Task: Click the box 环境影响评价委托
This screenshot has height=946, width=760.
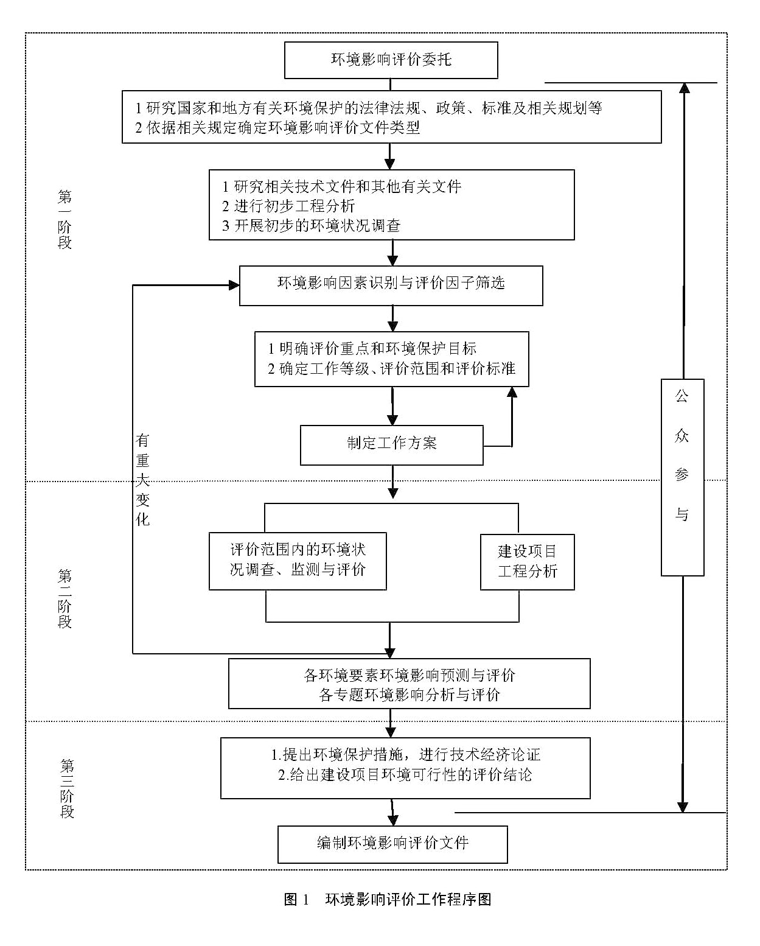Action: pyautogui.click(x=391, y=60)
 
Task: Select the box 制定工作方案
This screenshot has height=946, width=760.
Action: pyautogui.click(x=392, y=445)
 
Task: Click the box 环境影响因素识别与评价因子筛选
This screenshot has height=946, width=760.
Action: pyautogui.click(x=391, y=286)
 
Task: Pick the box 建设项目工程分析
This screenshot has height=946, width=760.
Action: pyautogui.click(x=527, y=562)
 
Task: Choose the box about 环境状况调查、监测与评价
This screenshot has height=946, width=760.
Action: pyautogui.click(x=298, y=561)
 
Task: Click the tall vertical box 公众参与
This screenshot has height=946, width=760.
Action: pyautogui.click(x=683, y=477)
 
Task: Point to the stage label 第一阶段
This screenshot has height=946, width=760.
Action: pyautogui.click(x=64, y=219)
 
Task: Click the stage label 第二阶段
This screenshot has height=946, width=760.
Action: pyautogui.click(x=64, y=599)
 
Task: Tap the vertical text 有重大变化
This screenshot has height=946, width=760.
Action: pyautogui.click(x=142, y=480)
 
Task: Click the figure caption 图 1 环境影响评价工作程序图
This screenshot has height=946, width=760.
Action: pyautogui.click(x=388, y=900)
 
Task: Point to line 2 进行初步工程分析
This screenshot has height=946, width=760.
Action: pyautogui.click(x=288, y=206)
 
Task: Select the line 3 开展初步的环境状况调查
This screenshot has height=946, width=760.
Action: pyautogui.click(x=311, y=225)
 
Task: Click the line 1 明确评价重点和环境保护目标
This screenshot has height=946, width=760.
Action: pyautogui.click(x=372, y=349)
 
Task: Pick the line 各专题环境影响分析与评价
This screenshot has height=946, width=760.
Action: pyautogui.click(x=410, y=695)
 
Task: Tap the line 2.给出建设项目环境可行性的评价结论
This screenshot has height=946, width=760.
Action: pyautogui.click(x=405, y=774)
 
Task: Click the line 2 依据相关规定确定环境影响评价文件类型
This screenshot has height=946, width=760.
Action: pyautogui.click(x=277, y=127)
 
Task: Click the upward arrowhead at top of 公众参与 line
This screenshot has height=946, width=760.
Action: pyautogui.click(x=684, y=88)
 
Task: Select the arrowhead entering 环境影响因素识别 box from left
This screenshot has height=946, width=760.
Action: pyautogui.click(x=234, y=286)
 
